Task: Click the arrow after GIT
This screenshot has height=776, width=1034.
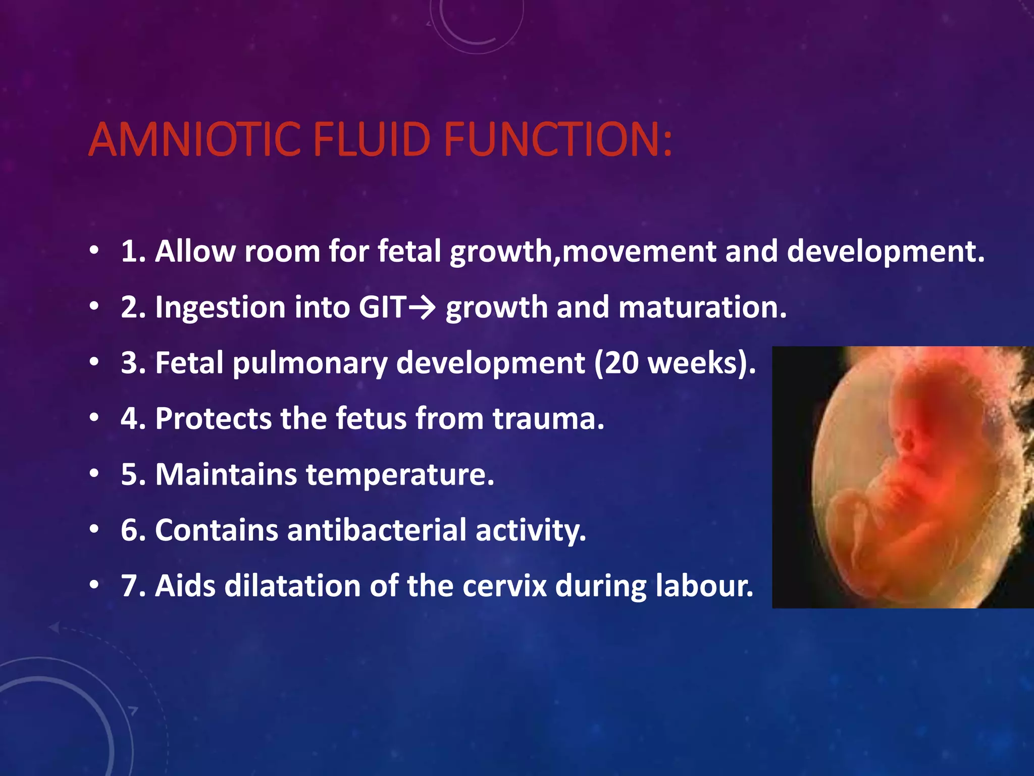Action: coord(422,307)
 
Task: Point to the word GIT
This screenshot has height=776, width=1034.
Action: coord(382,307)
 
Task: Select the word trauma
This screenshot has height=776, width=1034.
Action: coord(548,419)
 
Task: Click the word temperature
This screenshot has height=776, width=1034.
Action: coord(400,475)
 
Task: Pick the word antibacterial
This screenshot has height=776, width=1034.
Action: coord(377,530)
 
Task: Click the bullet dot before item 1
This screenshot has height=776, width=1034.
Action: coord(94,251)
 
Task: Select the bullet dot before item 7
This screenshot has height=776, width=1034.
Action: coord(94,586)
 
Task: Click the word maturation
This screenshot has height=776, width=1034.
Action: coord(702,307)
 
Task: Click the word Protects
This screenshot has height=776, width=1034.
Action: coord(213,419)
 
